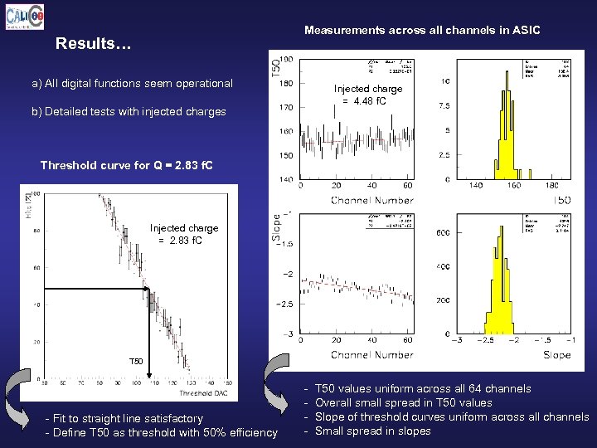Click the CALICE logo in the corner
(x=25, y=17)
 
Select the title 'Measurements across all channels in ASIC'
(x=421, y=30)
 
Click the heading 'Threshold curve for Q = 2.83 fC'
(x=126, y=165)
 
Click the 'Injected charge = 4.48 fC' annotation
(x=367, y=95)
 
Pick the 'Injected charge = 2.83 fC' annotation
(x=184, y=234)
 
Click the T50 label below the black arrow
(x=137, y=363)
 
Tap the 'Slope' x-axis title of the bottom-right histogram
(x=556, y=354)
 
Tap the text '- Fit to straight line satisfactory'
(x=124, y=418)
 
